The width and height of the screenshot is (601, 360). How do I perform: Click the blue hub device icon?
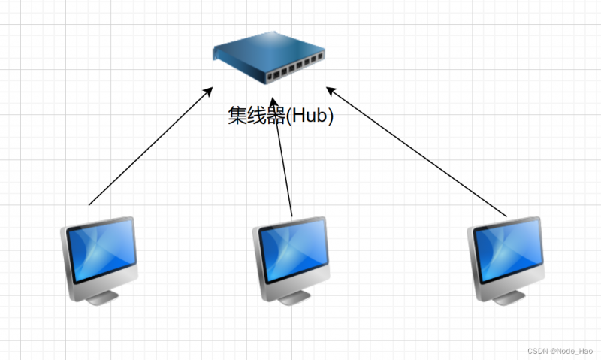click(x=269, y=62)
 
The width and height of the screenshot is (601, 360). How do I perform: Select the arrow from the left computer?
click(x=150, y=146)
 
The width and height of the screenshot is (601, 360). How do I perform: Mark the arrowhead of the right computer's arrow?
click(x=329, y=92)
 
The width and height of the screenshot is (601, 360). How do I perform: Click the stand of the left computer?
click(x=101, y=296)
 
